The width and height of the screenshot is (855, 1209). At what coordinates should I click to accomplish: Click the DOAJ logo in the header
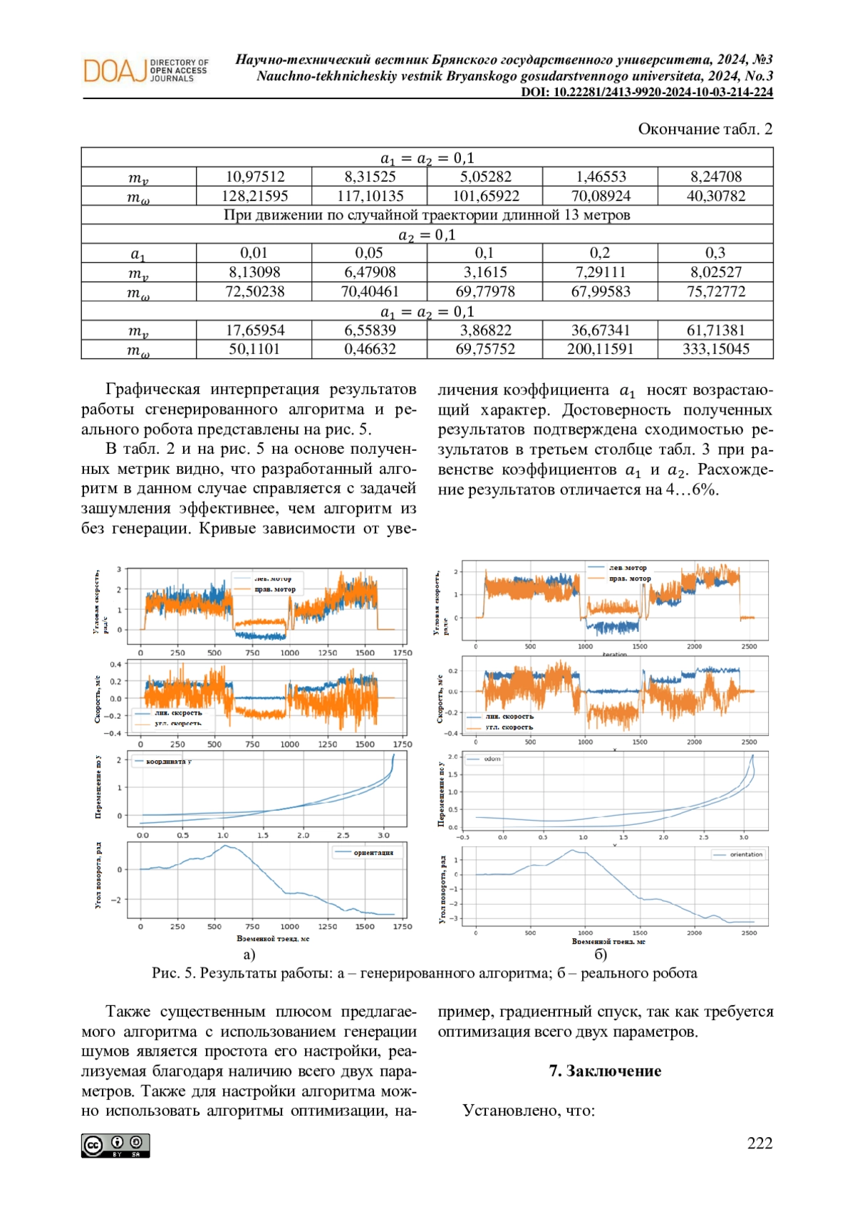click(146, 71)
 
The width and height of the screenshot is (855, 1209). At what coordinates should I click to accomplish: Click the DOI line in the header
click(646, 92)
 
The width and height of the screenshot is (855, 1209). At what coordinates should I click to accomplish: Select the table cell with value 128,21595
click(254, 196)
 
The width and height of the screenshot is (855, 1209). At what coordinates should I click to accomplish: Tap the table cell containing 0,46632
click(369, 349)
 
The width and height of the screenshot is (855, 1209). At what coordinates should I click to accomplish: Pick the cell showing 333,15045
click(715, 349)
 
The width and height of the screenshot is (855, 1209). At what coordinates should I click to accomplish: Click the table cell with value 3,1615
click(484, 272)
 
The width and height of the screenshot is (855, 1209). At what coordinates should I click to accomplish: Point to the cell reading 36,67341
click(600, 331)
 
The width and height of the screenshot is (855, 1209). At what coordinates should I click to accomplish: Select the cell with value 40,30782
click(715, 196)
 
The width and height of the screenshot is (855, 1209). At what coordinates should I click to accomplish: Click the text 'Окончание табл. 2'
click(705, 129)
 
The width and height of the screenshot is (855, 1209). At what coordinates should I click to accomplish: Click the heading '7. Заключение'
click(605, 1071)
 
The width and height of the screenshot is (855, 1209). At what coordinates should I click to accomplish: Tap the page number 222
click(760, 1143)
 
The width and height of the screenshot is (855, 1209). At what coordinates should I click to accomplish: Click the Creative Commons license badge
click(115, 1145)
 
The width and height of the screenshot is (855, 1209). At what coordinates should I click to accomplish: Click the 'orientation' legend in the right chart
click(738, 854)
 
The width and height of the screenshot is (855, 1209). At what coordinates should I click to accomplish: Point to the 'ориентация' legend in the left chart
click(368, 853)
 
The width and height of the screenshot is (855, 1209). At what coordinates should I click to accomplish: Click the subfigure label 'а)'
click(249, 955)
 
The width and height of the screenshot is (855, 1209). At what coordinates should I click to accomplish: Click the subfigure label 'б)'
click(600, 955)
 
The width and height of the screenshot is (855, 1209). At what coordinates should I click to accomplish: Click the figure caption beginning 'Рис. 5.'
click(425, 973)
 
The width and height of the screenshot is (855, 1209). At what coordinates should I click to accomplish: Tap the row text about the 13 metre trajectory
click(427, 215)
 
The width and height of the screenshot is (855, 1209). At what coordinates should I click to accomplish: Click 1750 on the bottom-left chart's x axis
click(403, 927)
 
